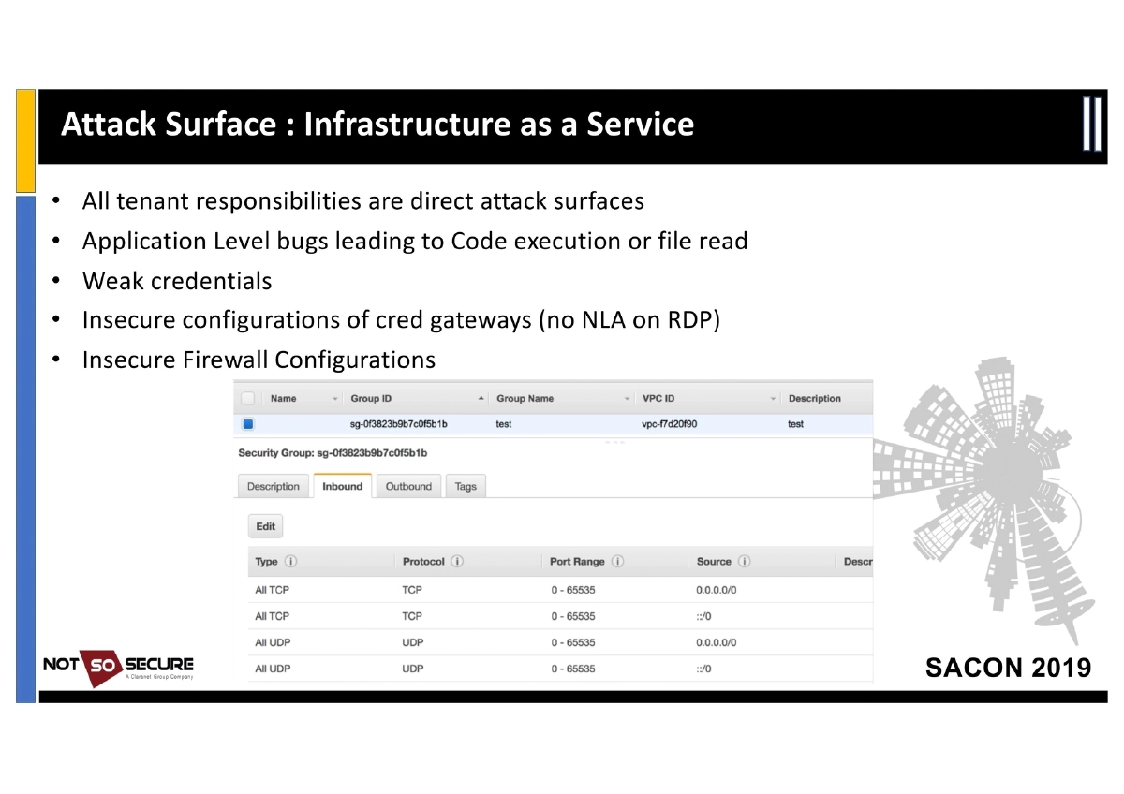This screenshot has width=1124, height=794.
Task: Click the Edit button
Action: (x=266, y=526)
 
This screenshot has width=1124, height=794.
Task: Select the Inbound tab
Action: (x=342, y=486)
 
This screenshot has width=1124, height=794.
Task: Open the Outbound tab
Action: (x=408, y=486)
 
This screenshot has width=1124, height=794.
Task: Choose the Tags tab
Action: (x=466, y=486)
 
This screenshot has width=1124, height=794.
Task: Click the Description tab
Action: (x=274, y=486)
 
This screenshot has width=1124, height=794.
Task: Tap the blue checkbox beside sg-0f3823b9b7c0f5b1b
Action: (x=248, y=424)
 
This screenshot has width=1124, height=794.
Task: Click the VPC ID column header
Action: (x=658, y=398)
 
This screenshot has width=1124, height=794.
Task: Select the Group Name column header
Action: (x=525, y=398)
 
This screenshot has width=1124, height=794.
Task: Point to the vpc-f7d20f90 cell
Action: (x=669, y=424)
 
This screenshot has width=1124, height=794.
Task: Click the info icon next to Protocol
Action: (x=457, y=562)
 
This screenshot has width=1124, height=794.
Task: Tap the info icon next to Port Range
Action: (x=618, y=562)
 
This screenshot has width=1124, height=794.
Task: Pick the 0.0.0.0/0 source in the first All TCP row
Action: (x=717, y=590)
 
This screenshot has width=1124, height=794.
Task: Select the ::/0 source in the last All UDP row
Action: (x=703, y=669)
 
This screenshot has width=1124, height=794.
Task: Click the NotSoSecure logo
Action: (x=118, y=666)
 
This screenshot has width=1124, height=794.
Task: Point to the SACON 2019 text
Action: (x=1008, y=668)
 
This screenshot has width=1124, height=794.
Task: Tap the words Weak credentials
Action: (x=177, y=281)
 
